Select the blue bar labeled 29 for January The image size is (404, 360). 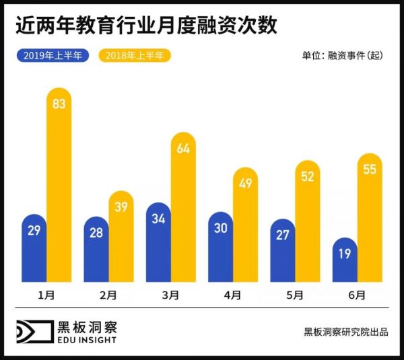pyautogui.click(x=34, y=249)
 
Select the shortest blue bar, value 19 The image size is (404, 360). pyautogui.click(x=345, y=260)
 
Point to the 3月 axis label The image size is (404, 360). pyautogui.click(x=170, y=295)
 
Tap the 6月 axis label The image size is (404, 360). pyautogui.click(x=358, y=295)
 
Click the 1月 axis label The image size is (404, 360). pyautogui.click(x=46, y=295)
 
